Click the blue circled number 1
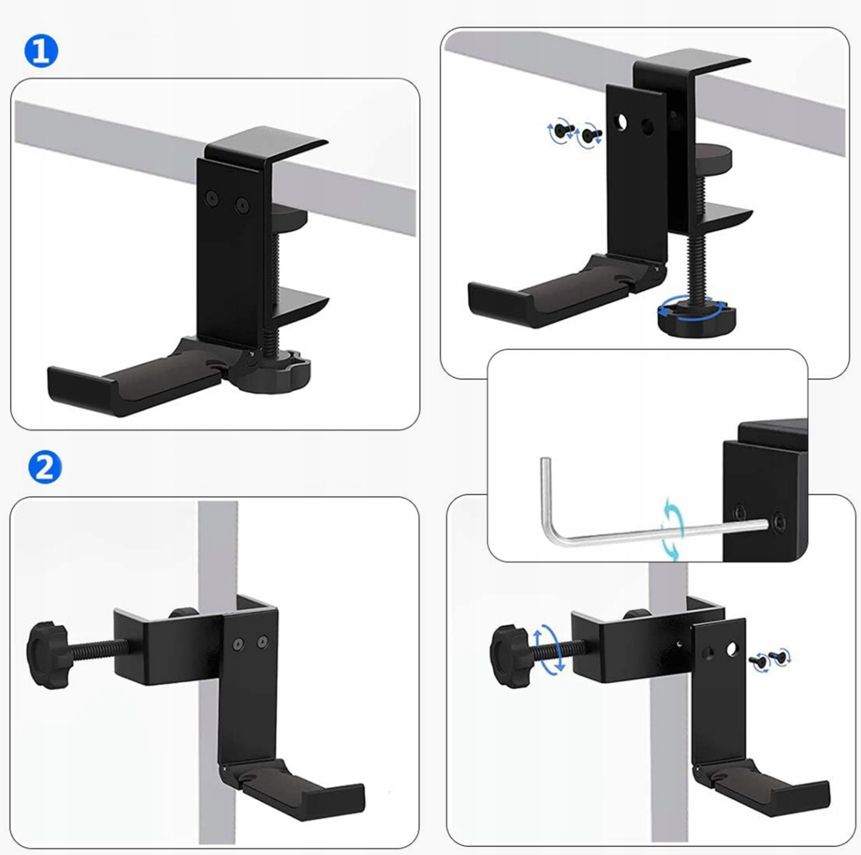click(41, 51)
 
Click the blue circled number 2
click(45, 467)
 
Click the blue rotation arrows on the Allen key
click(673, 529)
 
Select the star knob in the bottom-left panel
click(47, 655)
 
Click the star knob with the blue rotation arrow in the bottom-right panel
click(511, 656)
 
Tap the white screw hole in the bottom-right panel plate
click(732, 650)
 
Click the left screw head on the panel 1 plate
click(212, 198)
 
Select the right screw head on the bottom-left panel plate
click(263, 641)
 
